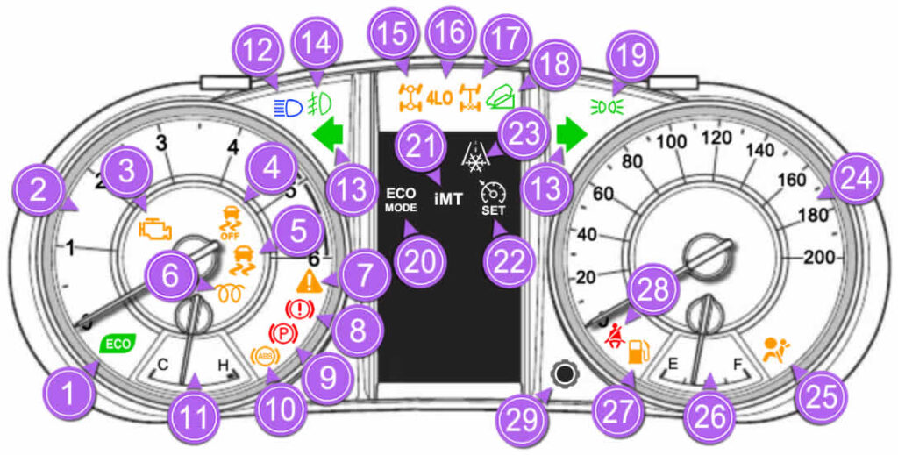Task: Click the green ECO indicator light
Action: pyautogui.click(x=118, y=344)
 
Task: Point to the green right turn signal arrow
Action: pyautogui.click(x=572, y=134)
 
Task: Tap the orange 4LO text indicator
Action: pyautogui.click(x=439, y=98)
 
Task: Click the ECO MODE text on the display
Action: pyautogui.click(x=401, y=200)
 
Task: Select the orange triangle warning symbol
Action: pyautogui.click(x=310, y=282)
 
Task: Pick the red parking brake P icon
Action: pyautogui.click(x=282, y=333)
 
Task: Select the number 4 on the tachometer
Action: pyautogui.click(x=232, y=147)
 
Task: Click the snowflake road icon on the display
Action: pyautogui.click(x=474, y=157)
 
